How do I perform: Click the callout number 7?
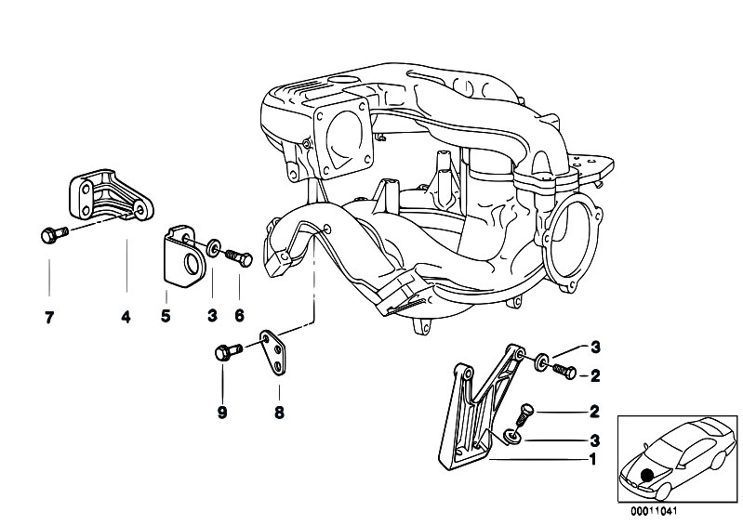coord(49,317)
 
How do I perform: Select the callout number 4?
coord(126,317)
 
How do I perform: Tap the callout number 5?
coord(166,317)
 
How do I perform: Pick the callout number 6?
coord(239,317)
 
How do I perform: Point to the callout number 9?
coord(222,412)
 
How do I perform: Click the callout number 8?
coord(278,412)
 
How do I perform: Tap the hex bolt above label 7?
coord(49,235)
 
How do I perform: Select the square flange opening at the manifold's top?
coord(342,139)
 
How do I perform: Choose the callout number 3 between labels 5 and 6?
coord(212,317)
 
